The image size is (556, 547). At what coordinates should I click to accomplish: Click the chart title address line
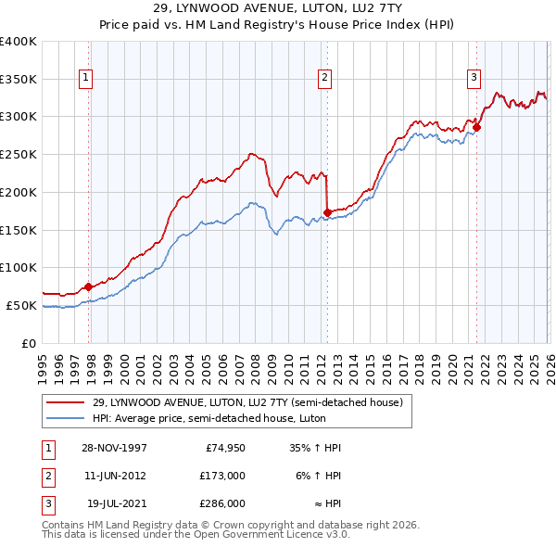[x=278, y=8]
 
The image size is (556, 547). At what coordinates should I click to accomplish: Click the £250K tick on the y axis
[x=18, y=154]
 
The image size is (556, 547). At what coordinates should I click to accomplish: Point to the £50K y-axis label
[x=21, y=305]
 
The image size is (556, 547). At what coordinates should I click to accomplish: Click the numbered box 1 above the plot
[x=85, y=79]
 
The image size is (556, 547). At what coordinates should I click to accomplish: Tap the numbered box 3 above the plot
[x=474, y=79]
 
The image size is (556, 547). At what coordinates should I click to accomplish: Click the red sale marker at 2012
[x=327, y=212]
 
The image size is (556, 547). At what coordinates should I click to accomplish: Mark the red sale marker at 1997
[x=89, y=286]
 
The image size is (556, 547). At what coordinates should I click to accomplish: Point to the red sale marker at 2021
[x=477, y=127]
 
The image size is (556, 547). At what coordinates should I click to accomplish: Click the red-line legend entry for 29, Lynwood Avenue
[x=247, y=403]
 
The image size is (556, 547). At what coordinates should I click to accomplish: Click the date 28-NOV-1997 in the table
[x=114, y=448]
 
